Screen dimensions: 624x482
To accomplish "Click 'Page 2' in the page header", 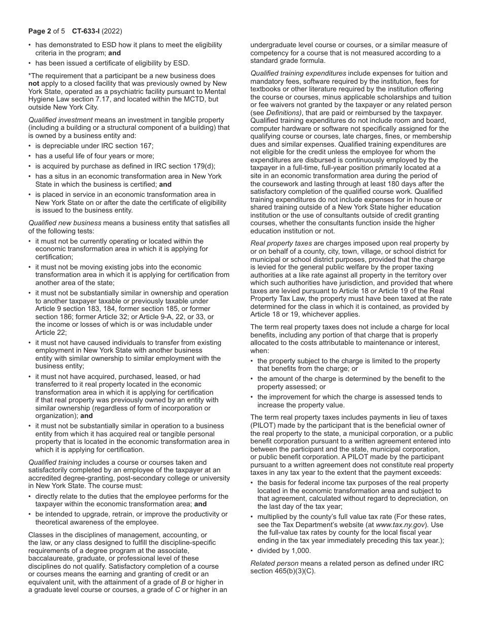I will tap(40, 31).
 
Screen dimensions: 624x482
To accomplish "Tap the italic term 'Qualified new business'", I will tap(64, 223).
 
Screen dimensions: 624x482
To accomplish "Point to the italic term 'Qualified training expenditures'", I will tap(298, 74).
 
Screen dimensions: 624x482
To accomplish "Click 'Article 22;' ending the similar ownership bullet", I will tap(51, 332).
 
